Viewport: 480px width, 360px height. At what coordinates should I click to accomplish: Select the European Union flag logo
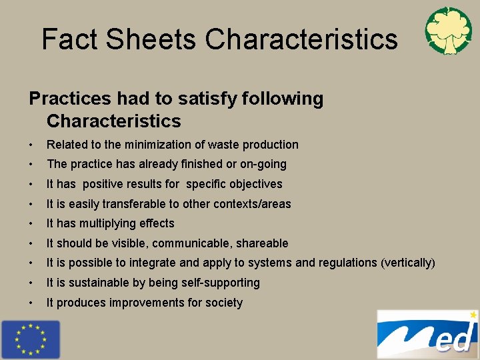[30, 339]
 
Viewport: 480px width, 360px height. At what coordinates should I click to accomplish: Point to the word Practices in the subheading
[69, 99]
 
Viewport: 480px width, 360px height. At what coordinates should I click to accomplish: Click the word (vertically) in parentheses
[407, 263]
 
